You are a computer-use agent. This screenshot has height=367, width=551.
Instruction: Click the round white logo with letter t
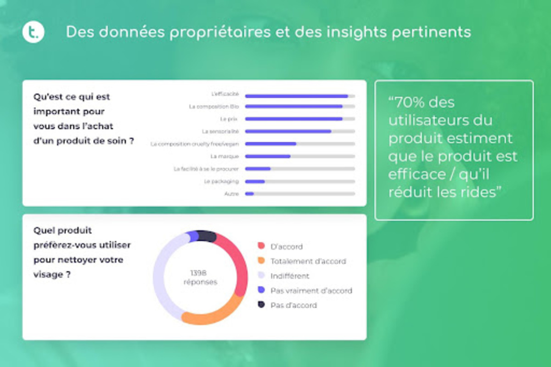(x=34, y=33)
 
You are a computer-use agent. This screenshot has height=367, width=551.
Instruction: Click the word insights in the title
(x=355, y=33)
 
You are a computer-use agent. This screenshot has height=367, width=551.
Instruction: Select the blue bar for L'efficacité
(x=296, y=96)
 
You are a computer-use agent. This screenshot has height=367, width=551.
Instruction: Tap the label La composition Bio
(x=214, y=106)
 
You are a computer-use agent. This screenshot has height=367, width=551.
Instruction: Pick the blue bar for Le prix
(x=293, y=119)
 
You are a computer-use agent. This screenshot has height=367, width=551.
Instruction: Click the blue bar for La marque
(x=268, y=156)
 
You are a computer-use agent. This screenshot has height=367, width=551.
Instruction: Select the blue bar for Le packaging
(x=255, y=181)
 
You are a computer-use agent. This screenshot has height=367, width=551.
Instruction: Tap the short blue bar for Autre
(x=249, y=194)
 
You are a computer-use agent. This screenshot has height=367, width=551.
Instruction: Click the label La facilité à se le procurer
(x=206, y=169)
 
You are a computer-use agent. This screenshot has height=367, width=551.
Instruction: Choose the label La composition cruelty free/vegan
(x=195, y=144)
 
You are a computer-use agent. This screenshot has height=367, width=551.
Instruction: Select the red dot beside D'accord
(x=261, y=246)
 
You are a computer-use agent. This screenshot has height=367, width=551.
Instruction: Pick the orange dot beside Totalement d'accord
(x=261, y=261)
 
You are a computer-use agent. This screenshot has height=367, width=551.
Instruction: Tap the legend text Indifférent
(x=290, y=276)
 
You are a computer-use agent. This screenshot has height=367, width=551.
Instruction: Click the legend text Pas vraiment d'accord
(x=311, y=291)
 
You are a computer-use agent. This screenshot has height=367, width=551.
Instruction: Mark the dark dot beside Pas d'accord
(x=261, y=305)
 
